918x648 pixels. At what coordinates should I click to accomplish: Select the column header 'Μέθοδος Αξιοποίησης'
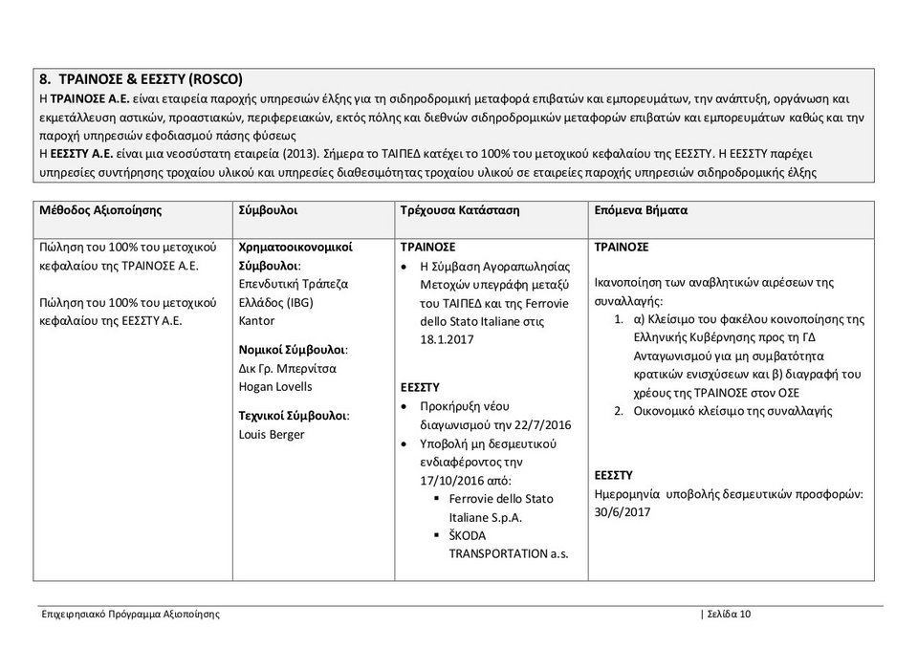(x=100, y=210)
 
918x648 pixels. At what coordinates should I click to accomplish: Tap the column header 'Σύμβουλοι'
(x=268, y=210)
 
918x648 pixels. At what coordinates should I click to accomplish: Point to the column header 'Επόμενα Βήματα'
(x=641, y=210)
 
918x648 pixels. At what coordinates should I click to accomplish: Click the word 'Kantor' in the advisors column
(x=256, y=320)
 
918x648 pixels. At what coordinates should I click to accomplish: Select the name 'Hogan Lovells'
(x=275, y=386)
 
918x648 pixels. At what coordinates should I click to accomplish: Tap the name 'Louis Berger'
(x=272, y=434)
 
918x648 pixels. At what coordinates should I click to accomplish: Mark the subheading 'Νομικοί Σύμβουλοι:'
(x=293, y=350)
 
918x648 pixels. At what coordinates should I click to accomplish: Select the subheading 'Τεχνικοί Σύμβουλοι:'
(x=294, y=416)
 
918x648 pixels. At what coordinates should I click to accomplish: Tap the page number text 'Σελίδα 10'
(x=729, y=615)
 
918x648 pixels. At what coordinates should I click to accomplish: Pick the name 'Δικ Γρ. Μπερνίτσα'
(x=287, y=368)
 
